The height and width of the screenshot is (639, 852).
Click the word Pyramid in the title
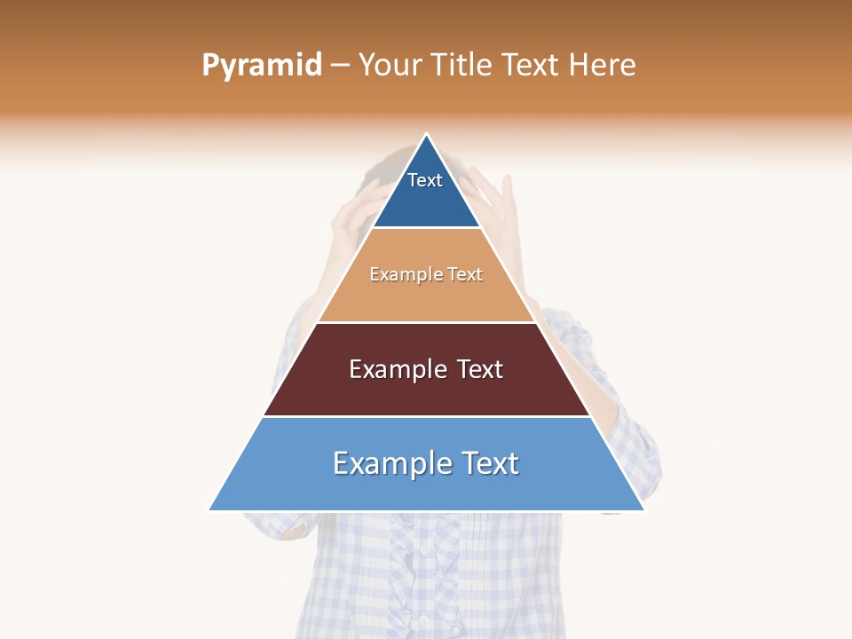262,66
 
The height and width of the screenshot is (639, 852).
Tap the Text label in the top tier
425,180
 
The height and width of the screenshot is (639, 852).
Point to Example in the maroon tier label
398,369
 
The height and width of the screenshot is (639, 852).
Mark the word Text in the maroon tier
480,369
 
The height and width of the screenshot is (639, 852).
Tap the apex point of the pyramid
427,135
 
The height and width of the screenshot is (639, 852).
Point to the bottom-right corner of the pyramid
643,509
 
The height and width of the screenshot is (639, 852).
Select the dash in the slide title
340,66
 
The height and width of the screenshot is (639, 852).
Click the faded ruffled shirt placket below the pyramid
426,577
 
